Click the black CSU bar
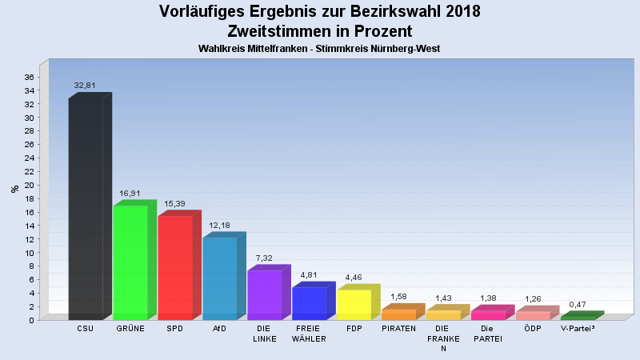coord(86,208)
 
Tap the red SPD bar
coord(175,267)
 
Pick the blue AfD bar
coord(220,278)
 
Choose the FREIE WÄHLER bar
coord(310,303)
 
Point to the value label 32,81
coord(86,84)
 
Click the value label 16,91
coord(130,192)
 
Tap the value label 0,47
coord(578,304)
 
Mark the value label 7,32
coord(265,258)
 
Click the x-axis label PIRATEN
coord(398,329)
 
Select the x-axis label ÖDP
coord(534,329)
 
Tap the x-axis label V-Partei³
coord(578,329)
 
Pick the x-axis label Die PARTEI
coord(489,334)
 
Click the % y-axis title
coord(14,189)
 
